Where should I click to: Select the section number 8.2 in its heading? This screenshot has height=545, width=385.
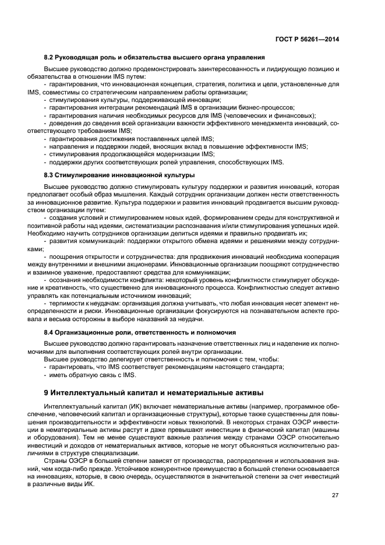click(49, 57)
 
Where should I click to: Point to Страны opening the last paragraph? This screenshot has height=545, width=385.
click(55, 460)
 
